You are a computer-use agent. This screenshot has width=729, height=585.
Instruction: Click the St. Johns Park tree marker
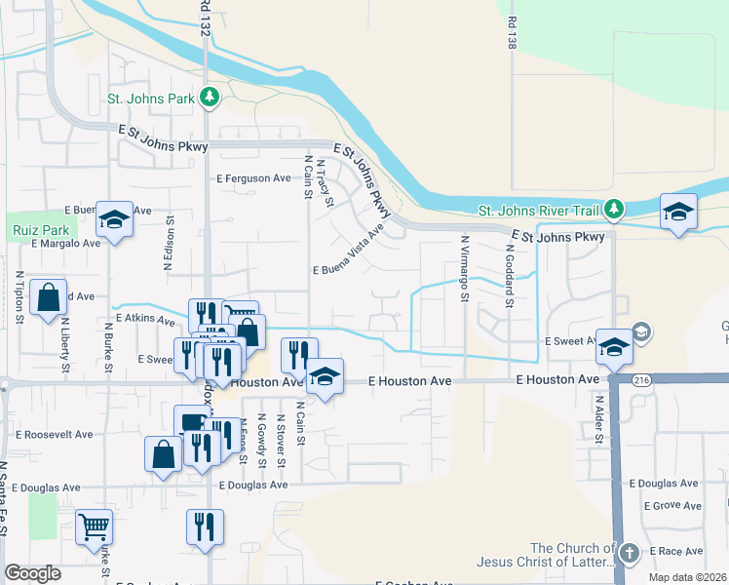click(x=209, y=97)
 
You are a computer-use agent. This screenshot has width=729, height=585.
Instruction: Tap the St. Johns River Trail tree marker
click(x=613, y=210)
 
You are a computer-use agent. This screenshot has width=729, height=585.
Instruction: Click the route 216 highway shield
click(x=640, y=379)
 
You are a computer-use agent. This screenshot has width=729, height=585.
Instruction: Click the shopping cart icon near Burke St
click(x=94, y=527)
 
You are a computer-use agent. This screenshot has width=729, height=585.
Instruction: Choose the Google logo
click(x=32, y=573)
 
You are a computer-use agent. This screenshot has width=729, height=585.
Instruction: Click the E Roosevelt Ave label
click(x=54, y=434)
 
